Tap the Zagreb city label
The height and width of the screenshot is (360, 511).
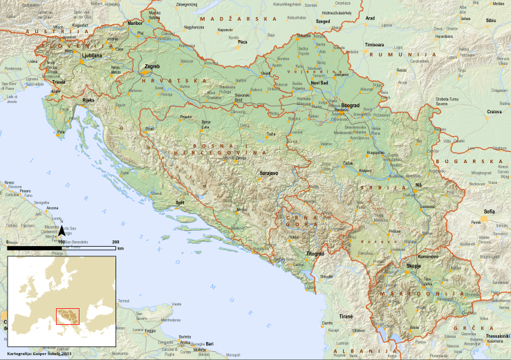[x=151, y=66]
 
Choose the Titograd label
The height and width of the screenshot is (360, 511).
[x=315, y=254]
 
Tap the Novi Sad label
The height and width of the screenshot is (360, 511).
[x=322, y=84]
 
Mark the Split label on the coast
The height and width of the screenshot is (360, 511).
[x=181, y=202]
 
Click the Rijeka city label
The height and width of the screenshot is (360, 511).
[x=88, y=100]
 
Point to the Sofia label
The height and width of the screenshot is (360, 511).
[x=490, y=211]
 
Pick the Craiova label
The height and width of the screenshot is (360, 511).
[x=494, y=111]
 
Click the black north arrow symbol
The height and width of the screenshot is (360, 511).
[x=61, y=231]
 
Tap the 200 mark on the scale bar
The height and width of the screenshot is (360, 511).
[x=115, y=242]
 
